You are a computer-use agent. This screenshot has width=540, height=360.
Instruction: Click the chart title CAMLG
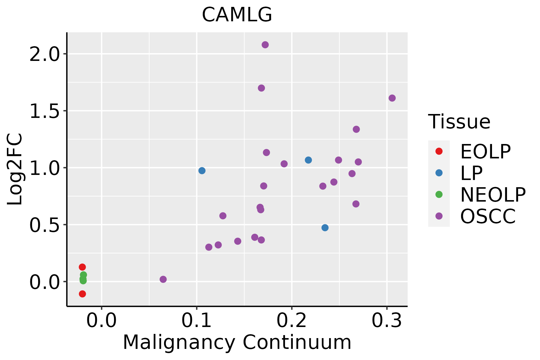[237, 15]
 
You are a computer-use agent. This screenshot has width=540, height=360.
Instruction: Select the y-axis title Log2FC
[15, 169]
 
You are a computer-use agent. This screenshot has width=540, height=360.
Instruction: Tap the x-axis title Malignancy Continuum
[237, 342]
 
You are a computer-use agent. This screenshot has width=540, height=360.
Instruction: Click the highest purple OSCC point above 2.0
[265, 45]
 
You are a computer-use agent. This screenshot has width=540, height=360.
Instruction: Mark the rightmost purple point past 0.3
[392, 98]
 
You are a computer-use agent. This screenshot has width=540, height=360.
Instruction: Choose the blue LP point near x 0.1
[202, 171]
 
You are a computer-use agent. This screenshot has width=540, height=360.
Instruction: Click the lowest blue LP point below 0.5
[325, 228]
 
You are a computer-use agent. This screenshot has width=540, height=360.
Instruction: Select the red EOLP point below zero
[82, 294]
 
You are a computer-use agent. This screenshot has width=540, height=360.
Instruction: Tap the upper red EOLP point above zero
[82, 267]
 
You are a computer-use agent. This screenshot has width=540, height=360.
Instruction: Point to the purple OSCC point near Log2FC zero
[163, 279]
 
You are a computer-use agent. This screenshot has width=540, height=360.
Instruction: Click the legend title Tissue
[459, 122]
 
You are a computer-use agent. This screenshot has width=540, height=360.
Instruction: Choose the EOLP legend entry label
[485, 151]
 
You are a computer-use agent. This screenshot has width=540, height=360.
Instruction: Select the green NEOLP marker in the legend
[439, 194]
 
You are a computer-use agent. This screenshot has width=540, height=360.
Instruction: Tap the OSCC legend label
[488, 216]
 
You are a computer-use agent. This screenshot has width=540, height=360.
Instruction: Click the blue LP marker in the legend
[439, 173]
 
